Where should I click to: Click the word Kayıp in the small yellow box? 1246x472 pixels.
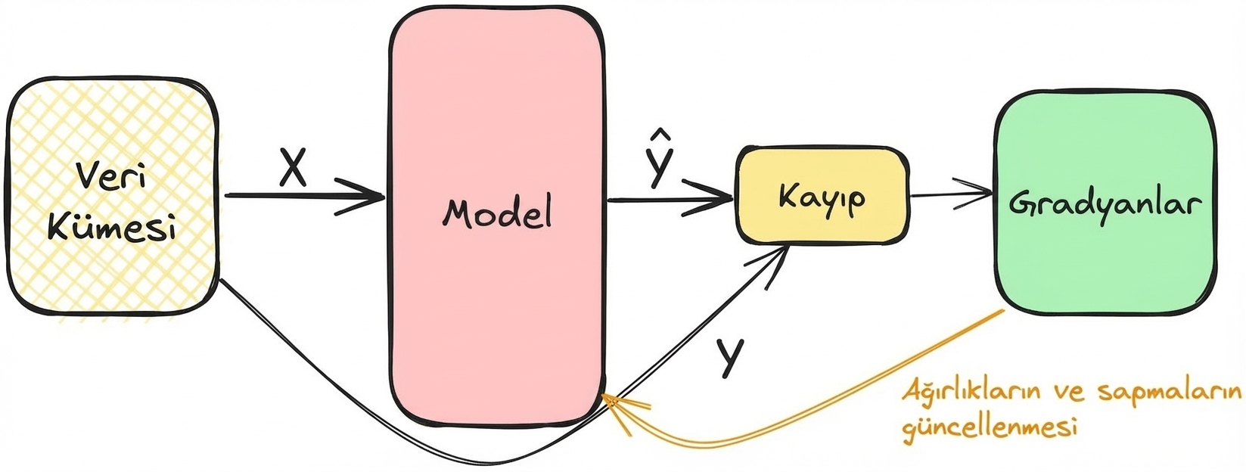click(x=822, y=198)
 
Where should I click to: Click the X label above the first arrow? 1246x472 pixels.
click(x=293, y=168)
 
